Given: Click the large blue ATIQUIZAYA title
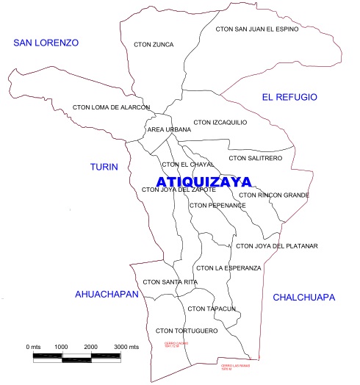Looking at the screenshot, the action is tap(204, 181).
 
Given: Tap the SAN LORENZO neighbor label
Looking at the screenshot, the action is tap(46, 43).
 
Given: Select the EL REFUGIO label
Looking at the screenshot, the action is tap(289, 97).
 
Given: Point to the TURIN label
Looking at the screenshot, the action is tap(104, 167).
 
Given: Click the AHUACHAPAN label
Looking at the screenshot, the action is tap(107, 294).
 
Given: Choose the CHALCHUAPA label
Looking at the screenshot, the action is tap(303, 298).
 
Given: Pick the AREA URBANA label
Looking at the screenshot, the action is tap(164, 129).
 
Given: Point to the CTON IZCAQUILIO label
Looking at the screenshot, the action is tap(220, 122).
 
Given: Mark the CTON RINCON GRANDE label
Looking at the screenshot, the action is tap(273, 195).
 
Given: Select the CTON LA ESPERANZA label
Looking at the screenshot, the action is tap(228, 267).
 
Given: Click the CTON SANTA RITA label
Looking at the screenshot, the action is tap(170, 281).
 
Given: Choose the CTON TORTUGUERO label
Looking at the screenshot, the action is tap(187, 331).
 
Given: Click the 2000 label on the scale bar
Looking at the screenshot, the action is tap(90, 345).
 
